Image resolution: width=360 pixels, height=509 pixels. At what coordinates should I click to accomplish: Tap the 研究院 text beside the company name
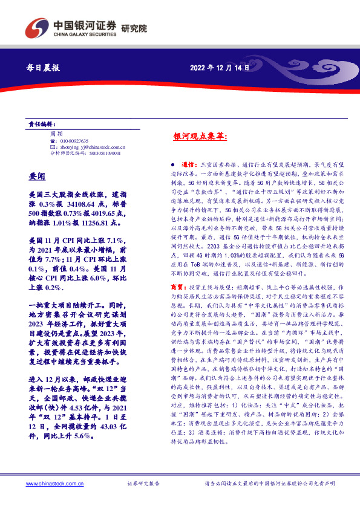[134, 28]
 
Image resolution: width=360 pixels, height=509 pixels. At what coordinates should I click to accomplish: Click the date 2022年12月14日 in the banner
[220, 68]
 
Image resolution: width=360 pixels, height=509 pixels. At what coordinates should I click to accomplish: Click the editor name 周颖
[56, 132]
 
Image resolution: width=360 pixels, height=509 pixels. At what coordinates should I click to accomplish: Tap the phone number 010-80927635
[73, 140]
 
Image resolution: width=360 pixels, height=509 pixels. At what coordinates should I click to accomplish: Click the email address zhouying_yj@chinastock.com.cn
[91, 146]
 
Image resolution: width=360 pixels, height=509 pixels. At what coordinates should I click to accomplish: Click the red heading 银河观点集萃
[200, 138]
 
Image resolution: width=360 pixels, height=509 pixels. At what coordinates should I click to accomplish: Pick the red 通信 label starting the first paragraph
[188, 164]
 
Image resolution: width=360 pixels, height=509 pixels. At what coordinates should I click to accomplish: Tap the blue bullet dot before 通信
[172, 164]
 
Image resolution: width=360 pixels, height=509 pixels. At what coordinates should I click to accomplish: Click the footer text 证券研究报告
[143, 484]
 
